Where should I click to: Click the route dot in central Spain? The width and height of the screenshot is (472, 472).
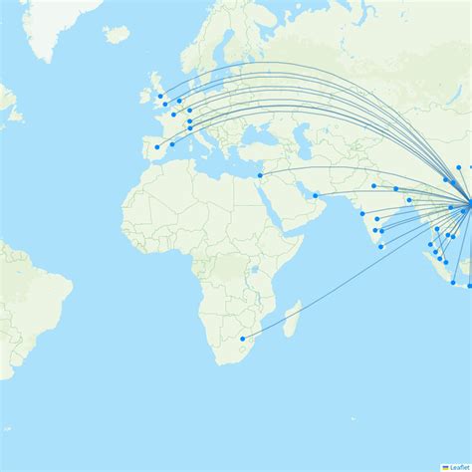point(156,147)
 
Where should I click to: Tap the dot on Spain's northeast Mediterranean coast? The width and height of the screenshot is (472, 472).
point(172,143)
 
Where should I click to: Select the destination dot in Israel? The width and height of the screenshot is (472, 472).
point(260,176)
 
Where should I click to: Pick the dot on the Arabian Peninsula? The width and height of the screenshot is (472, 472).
point(315,195)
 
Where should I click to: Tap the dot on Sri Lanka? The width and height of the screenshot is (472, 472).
point(380,246)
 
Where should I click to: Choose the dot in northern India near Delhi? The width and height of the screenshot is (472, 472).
point(373,185)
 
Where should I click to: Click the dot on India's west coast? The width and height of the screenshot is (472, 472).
point(361,214)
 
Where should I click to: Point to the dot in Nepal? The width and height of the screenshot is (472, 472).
point(395,188)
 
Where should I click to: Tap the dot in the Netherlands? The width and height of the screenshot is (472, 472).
point(179,101)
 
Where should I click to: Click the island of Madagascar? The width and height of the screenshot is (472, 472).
point(291,321)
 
